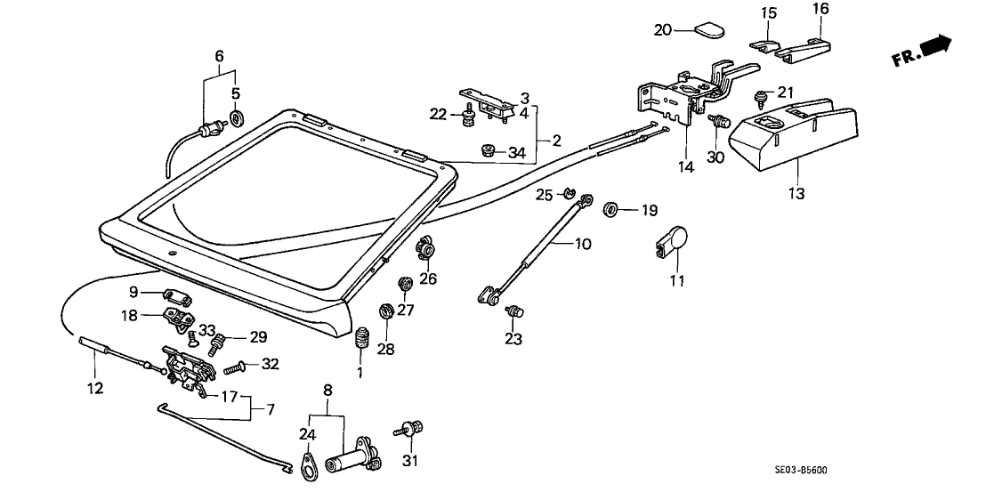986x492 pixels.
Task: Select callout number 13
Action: pyautogui.click(x=795, y=193)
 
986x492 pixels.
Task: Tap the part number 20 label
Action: pyautogui.click(x=662, y=29)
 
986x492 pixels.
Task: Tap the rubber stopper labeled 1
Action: pyautogui.click(x=362, y=339)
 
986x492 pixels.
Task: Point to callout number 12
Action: pyautogui.click(x=94, y=388)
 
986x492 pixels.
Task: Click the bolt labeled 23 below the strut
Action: pyautogui.click(x=513, y=311)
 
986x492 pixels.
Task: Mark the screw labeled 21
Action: pyautogui.click(x=761, y=95)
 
